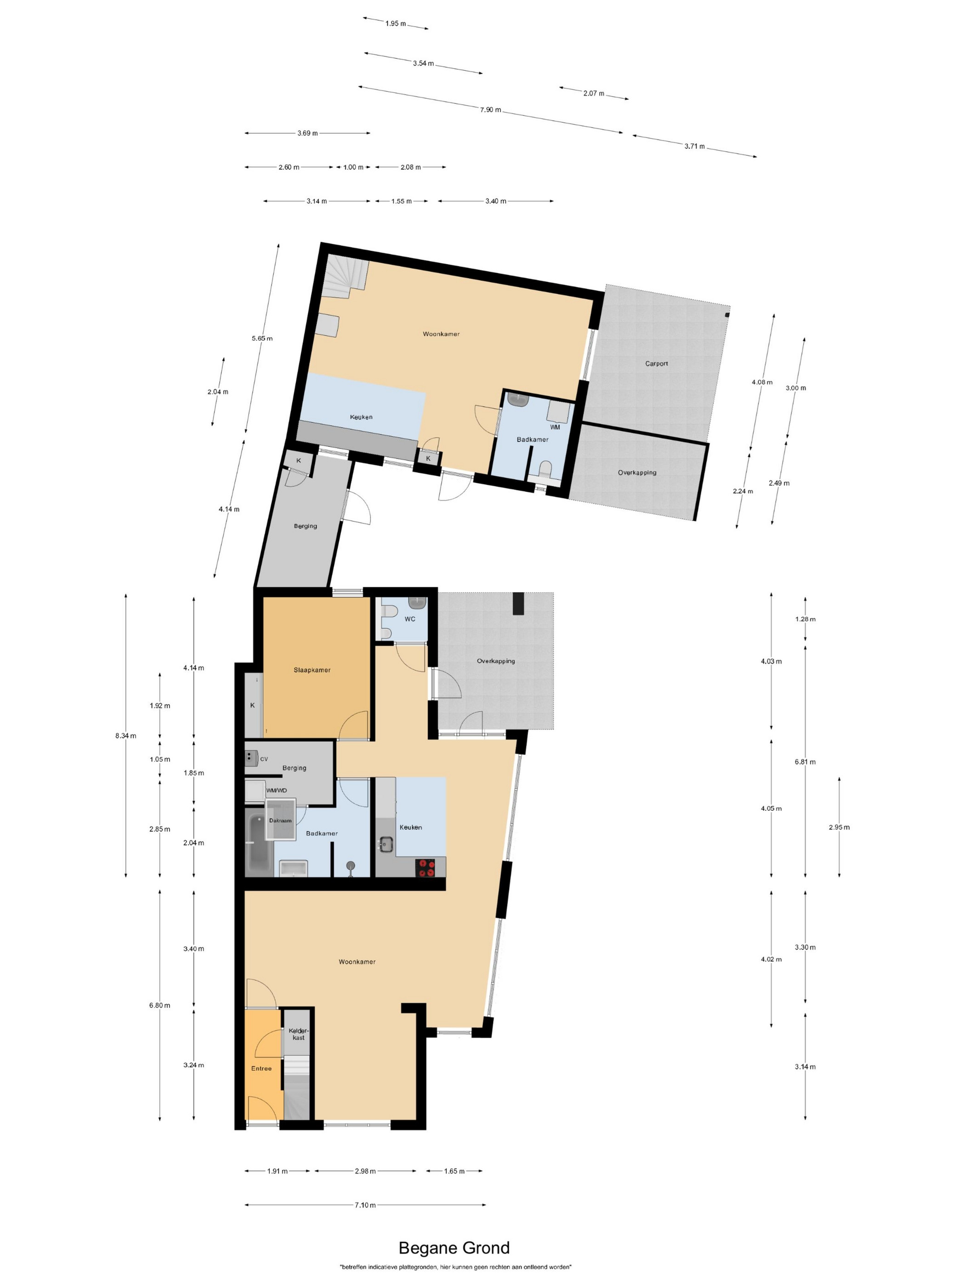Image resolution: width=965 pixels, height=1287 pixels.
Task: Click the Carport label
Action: [x=656, y=364]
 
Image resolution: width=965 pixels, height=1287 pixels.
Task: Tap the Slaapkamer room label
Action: [x=312, y=670]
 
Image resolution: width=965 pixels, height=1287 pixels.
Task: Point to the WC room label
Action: [x=409, y=619]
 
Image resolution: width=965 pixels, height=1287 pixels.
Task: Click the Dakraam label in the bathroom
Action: [x=280, y=820]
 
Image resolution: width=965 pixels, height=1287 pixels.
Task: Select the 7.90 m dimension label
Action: [x=490, y=109]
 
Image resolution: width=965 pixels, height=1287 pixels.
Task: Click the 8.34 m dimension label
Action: [x=125, y=735]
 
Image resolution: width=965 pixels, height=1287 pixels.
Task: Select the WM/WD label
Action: [x=276, y=790]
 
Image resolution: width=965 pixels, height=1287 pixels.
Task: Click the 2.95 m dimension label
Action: [x=839, y=827]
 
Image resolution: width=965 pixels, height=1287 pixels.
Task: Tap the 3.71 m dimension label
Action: [x=694, y=146]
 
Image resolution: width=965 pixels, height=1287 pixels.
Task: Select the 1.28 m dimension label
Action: [x=805, y=619]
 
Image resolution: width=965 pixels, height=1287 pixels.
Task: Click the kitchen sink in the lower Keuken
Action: [x=385, y=843]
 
